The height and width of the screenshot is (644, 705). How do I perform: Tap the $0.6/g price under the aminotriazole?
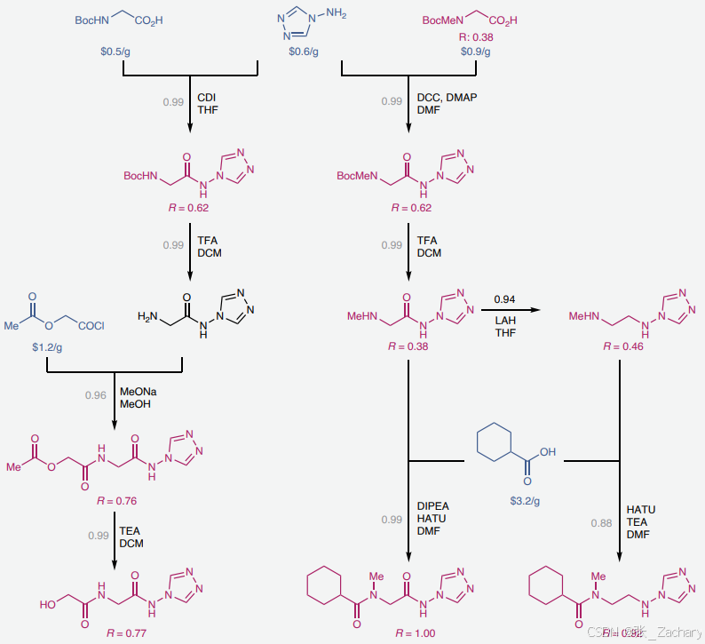[x=304, y=52]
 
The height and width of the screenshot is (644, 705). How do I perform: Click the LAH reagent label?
[x=505, y=320]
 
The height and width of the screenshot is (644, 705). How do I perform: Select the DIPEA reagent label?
[x=433, y=506]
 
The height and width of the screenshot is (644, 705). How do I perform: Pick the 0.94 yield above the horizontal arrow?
[x=505, y=299]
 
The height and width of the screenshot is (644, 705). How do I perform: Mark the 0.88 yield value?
[x=602, y=523]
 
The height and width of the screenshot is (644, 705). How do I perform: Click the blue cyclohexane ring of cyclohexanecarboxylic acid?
[x=495, y=443]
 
